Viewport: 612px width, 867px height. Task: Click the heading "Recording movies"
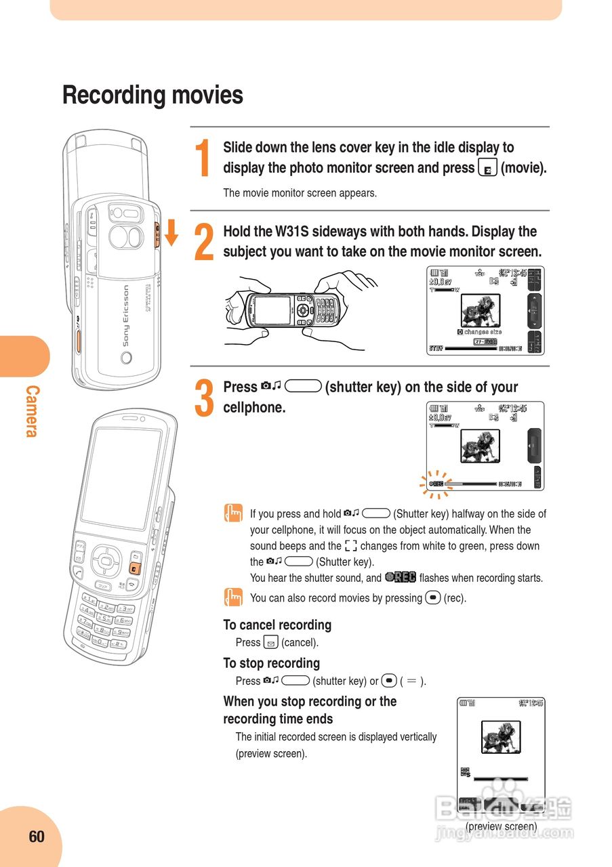click(152, 96)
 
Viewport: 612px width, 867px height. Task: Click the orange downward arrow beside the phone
click(171, 232)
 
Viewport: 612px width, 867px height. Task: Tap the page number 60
click(37, 837)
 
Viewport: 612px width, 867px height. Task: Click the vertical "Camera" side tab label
click(32, 411)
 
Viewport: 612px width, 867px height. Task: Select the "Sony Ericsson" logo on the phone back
click(126, 316)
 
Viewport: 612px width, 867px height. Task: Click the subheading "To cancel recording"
click(277, 625)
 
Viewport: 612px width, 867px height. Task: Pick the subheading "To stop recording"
click(271, 663)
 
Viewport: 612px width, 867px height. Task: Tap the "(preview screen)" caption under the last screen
click(501, 826)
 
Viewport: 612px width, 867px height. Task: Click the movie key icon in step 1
click(487, 168)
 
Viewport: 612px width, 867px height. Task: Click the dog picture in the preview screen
click(501, 737)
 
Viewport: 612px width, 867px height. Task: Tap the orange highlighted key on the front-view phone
click(136, 568)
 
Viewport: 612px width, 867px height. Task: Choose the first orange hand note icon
click(232, 514)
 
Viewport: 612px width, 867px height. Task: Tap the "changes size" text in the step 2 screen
click(482, 332)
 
